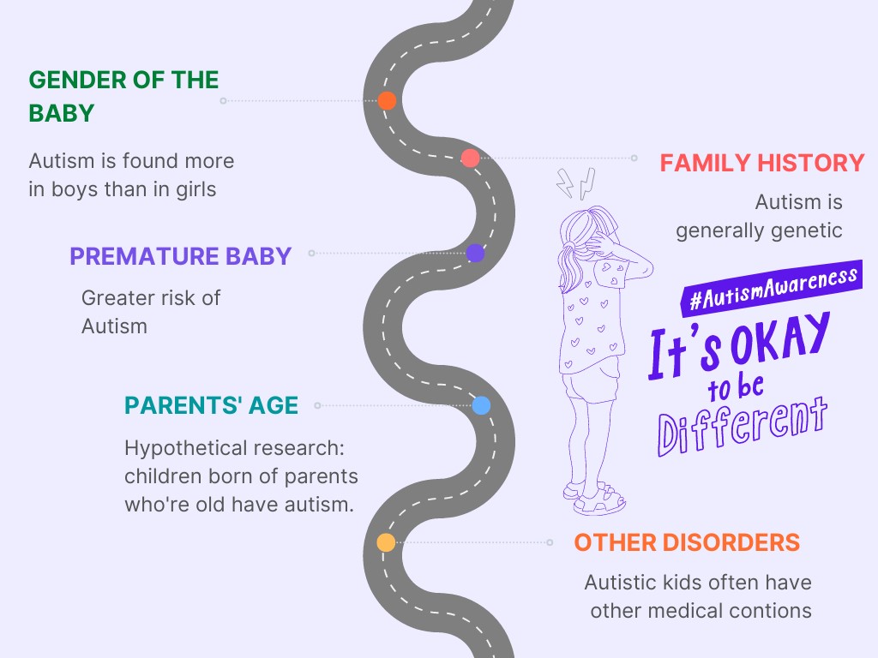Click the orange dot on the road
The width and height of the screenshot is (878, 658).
[387, 101]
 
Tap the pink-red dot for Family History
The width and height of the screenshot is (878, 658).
[471, 159]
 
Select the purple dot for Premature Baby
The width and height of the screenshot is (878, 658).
[475, 253]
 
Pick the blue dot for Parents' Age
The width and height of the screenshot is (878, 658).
[481, 405]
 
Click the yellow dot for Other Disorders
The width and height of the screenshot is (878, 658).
[386, 542]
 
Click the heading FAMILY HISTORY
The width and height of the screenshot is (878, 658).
[762, 163]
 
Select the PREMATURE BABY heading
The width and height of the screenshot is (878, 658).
[180, 256]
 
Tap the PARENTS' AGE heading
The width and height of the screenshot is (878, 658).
[211, 405]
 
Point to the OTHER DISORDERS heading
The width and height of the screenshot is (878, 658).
[687, 542]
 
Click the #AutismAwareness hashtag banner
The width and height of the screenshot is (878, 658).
[772, 288]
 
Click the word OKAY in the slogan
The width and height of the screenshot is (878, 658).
[780, 338]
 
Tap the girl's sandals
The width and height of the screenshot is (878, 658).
[594, 497]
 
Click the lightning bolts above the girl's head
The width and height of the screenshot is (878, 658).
[575, 183]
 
